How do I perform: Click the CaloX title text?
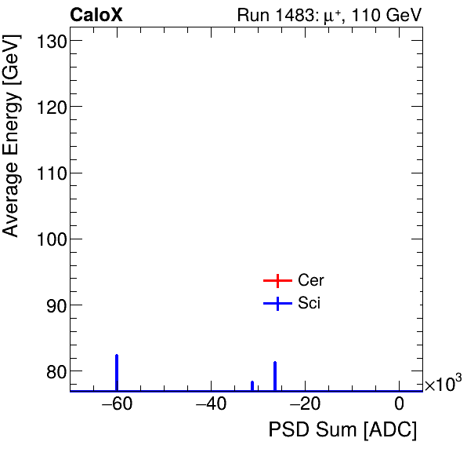(x=96, y=15)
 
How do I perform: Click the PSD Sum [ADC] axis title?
(x=342, y=430)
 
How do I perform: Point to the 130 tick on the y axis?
(x=49, y=41)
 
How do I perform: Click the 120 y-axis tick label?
(x=49, y=107)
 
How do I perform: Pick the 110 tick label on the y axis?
(x=49, y=173)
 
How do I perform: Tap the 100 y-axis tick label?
(x=49, y=239)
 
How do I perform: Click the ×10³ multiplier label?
(x=443, y=384)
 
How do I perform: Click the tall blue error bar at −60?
(x=117, y=372)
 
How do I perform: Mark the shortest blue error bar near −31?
(x=252, y=385)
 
